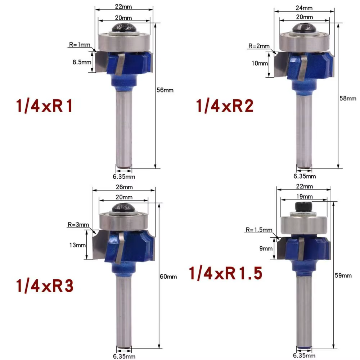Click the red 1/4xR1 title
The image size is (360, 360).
tap(44, 106)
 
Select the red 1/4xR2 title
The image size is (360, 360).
tap(225, 106)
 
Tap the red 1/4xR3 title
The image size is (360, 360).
tap(45, 286)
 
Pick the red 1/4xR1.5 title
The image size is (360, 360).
tap(225, 273)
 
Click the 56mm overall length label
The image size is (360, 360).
tap(165, 90)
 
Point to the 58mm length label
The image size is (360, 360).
tap(348, 99)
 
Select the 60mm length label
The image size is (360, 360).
tap(168, 276)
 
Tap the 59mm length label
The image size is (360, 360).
tap(343, 275)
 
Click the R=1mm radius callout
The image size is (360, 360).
tap(80, 45)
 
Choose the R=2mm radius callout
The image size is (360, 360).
tap(259, 46)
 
